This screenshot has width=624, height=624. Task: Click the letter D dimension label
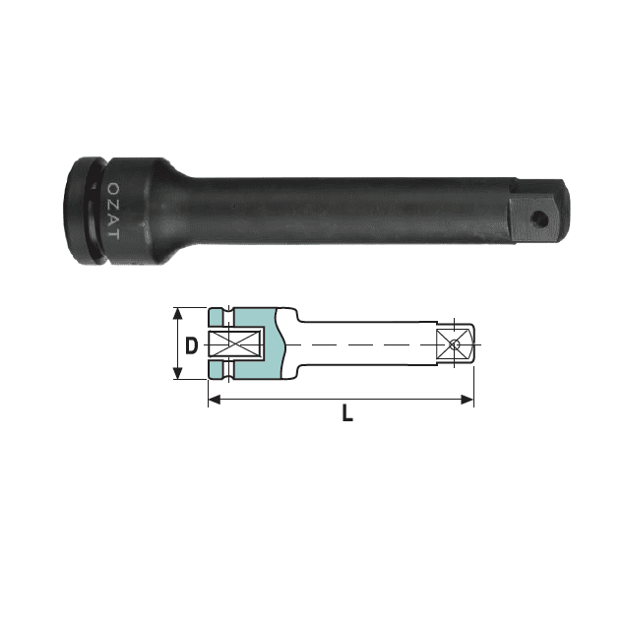point(191,345)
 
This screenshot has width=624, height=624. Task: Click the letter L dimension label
point(347,412)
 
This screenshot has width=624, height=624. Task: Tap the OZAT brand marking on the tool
point(113,211)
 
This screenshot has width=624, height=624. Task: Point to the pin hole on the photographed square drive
point(539,218)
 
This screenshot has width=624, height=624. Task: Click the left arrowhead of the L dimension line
point(215,400)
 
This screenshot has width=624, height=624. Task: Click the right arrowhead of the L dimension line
point(468,400)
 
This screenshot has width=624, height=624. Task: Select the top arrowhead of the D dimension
point(178,314)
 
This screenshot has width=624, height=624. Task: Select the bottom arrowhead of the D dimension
point(178,373)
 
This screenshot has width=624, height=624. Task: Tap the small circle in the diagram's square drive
point(455,344)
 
